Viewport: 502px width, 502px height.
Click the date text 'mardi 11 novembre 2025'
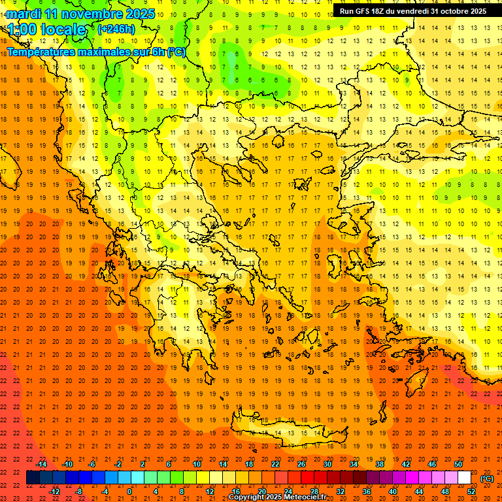tap(81, 14)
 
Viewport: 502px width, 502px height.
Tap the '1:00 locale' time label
tap(47, 29)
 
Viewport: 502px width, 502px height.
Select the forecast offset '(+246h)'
tap(116, 29)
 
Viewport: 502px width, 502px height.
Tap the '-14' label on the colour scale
tap(41, 464)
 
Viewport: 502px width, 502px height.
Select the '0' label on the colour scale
tap(129, 492)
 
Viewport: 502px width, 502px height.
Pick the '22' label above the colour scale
tap(275, 464)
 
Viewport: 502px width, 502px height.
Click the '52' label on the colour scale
tap(471, 492)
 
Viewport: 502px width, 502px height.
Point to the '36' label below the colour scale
tap(366, 492)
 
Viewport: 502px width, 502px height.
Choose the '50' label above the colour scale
tap(458, 464)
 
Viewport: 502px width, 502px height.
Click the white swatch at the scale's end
tap(465, 478)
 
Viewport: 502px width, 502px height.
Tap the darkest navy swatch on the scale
tap(33, 478)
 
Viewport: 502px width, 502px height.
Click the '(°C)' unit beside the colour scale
tap(487, 478)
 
